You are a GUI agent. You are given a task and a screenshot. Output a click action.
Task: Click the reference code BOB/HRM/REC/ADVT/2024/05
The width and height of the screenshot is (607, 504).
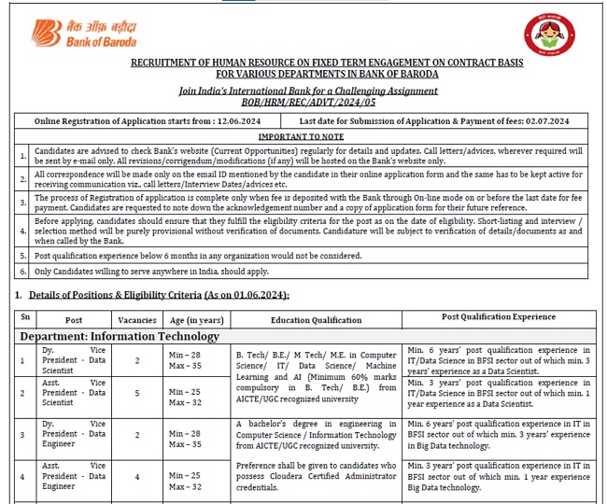[x=308, y=102]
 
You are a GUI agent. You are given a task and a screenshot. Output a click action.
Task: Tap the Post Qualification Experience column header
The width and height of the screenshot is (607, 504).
[x=499, y=317]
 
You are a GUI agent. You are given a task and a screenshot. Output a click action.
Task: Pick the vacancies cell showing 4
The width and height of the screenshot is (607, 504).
[x=137, y=477]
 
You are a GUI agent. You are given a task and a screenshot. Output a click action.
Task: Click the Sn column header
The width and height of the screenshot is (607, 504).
[x=25, y=317]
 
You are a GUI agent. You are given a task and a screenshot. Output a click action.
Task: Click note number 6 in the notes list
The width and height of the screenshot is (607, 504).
[x=22, y=271]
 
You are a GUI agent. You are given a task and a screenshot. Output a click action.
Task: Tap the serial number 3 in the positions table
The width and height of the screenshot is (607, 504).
[x=23, y=434]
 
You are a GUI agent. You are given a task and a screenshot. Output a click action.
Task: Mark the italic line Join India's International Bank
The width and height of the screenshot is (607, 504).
[x=308, y=91]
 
